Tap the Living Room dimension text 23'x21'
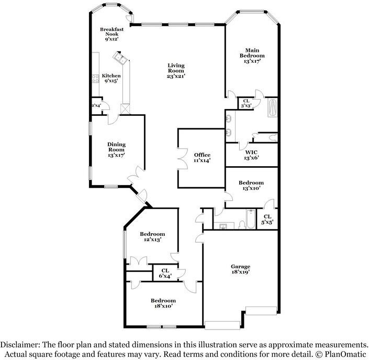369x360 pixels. [x=176, y=76]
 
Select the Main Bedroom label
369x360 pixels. [x=252, y=52]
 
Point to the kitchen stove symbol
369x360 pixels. [x=96, y=79]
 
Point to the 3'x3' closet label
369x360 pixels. [x=245, y=104]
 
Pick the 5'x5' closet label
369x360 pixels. [x=267, y=219]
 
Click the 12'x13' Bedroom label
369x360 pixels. [x=152, y=236]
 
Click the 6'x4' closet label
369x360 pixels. [x=165, y=273]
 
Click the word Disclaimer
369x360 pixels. [x=20, y=345]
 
